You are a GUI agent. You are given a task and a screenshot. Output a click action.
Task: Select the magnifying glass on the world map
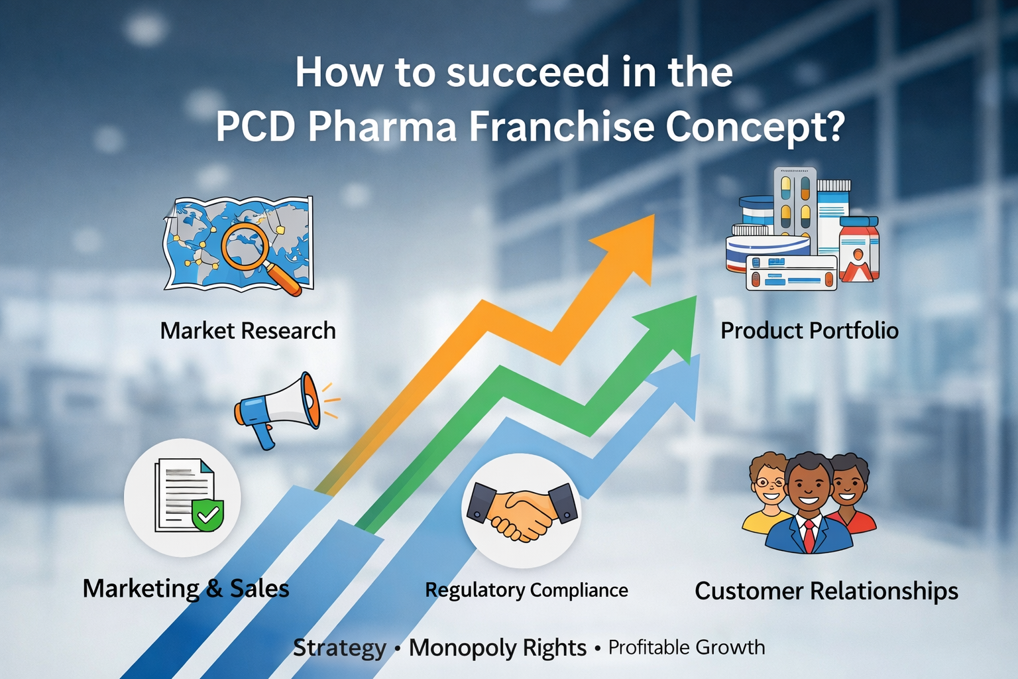pyautogui.click(x=247, y=247)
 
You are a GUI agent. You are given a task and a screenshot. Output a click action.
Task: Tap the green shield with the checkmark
pyautogui.click(x=207, y=514)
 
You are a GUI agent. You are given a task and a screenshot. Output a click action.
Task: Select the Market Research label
pyautogui.click(x=248, y=330)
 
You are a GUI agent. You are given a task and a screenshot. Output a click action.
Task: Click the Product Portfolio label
pyautogui.click(x=809, y=330)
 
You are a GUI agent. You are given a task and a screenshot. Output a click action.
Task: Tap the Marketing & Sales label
pyautogui.click(x=186, y=588)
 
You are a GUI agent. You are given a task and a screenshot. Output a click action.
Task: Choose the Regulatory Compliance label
pyautogui.click(x=526, y=589)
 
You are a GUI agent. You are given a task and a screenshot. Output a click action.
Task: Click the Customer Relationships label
pyautogui.click(x=826, y=590)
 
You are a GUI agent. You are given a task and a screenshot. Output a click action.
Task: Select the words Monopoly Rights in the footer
pyautogui.click(x=497, y=647)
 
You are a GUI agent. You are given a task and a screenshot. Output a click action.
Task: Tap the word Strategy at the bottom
pyautogui.click(x=339, y=647)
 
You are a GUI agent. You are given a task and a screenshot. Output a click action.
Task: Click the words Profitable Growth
pyautogui.click(x=687, y=647)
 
